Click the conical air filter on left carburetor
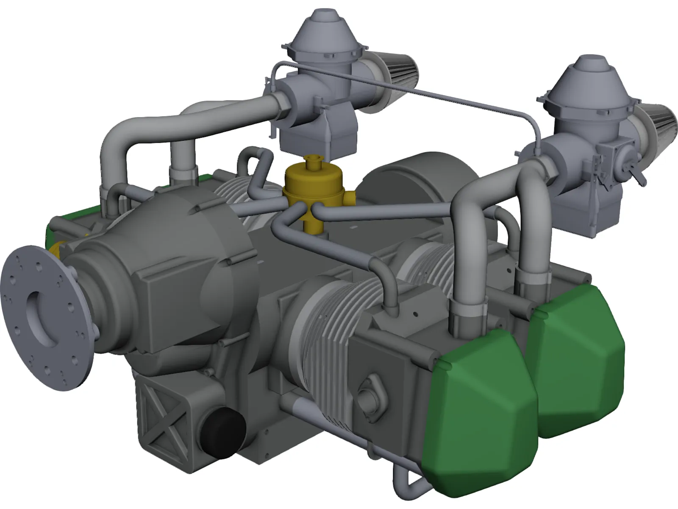pyautogui.click(x=396, y=72)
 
